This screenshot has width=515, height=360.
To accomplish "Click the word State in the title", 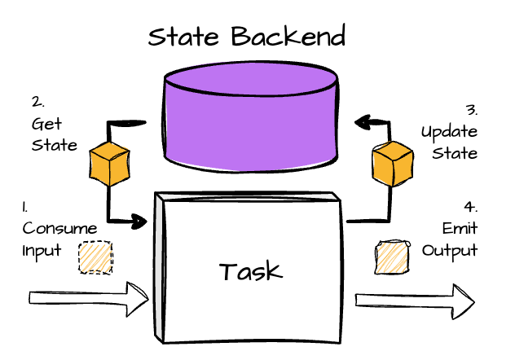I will [187, 37].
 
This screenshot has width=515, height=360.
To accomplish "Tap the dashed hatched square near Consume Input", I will [95, 257].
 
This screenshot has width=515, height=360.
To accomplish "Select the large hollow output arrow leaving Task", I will [416, 301].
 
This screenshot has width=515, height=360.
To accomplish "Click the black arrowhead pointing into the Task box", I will [139, 220].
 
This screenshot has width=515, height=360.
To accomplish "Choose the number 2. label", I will [37, 103].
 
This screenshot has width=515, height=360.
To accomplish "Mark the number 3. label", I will [471, 110].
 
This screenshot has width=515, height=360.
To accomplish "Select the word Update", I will [449, 132].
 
